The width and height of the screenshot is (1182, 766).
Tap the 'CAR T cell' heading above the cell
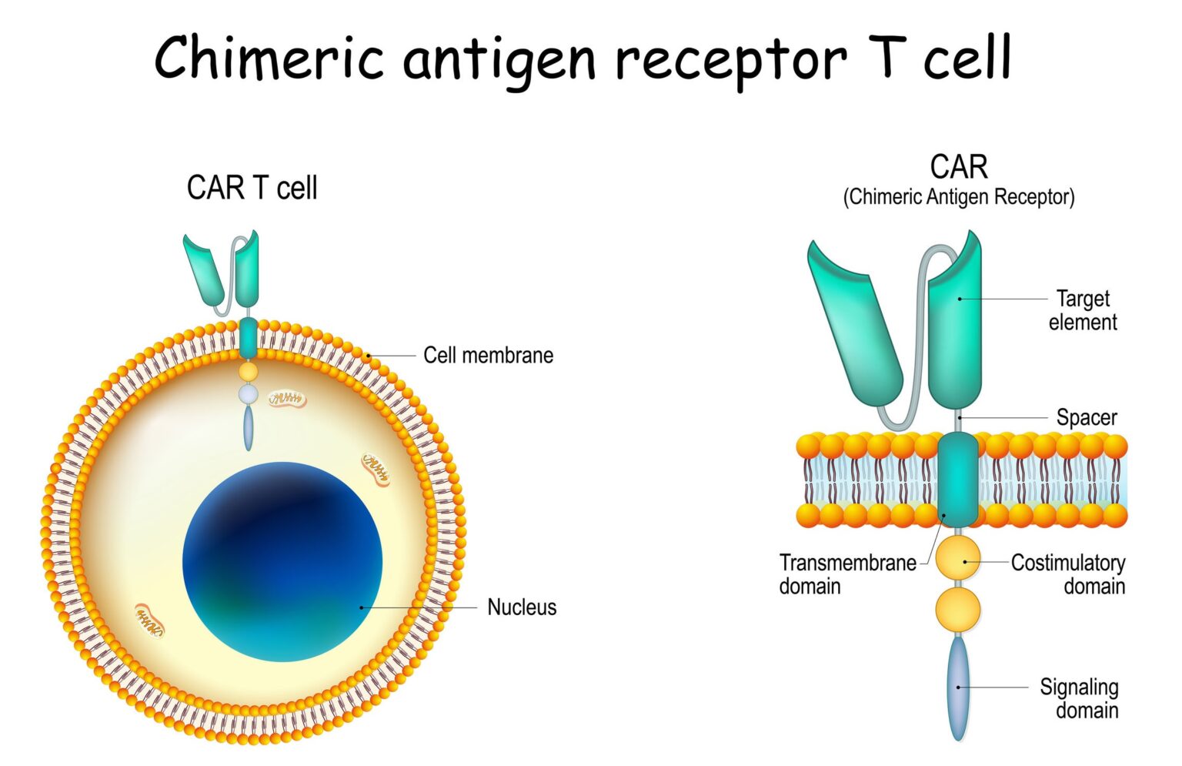tap(252, 188)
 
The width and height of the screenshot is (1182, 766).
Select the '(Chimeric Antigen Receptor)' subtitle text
tap(958, 197)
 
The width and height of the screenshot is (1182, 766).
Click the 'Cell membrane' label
tap(488, 356)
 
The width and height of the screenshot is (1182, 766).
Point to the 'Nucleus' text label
tap(521, 607)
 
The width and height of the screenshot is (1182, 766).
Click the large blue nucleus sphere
tap(282, 562)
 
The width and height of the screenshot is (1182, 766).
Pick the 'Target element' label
tap(1082, 310)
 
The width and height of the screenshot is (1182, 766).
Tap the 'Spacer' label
tap(1086, 418)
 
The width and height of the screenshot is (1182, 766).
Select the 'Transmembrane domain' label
tap(846, 574)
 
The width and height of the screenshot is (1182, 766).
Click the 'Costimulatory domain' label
tap(1068, 574)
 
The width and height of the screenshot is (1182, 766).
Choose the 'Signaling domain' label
tap(1079, 698)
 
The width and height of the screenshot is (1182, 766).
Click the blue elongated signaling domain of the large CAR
tap(958, 687)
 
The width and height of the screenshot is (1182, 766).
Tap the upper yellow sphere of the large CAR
tap(958, 559)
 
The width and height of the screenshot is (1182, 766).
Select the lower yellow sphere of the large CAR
tap(958, 609)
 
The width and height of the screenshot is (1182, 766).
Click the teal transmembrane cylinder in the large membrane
tap(958, 480)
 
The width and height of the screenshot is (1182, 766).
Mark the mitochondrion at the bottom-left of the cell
tap(149, 620)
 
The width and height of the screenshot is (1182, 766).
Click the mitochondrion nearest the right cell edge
tap(376, 468)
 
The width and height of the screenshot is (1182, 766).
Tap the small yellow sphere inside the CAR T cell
tap(248, 372)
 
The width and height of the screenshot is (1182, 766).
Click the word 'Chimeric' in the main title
tap(269, 59)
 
